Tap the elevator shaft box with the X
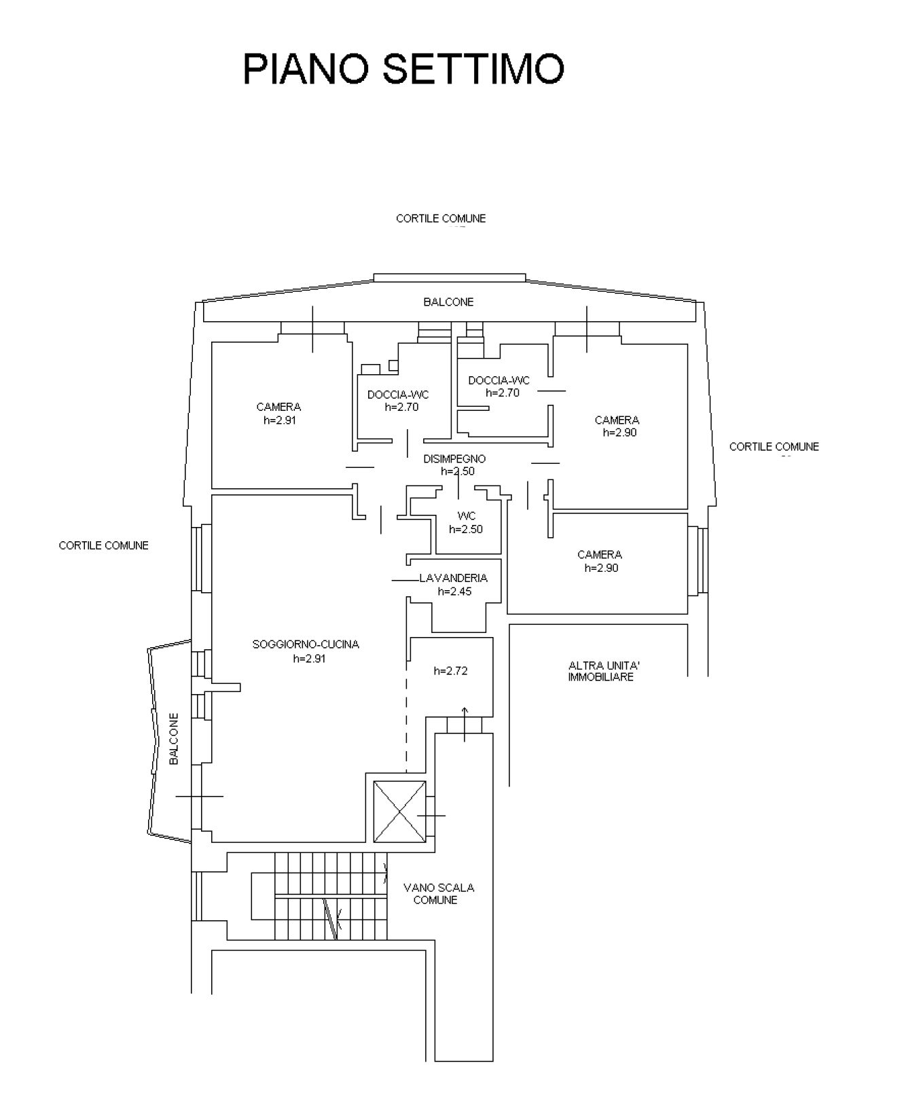(400, 811)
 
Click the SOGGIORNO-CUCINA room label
(306, 644)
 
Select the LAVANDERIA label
(453, 579)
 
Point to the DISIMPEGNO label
(454, 459)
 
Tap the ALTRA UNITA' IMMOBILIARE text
(601, 672)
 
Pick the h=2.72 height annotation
(450, 671)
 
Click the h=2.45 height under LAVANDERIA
(454, 591)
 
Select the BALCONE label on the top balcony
(448, 302)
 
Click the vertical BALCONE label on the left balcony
(174, 739)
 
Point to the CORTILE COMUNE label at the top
(441, 219)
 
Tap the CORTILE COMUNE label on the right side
(774, 447)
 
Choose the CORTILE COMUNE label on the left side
(103, 545)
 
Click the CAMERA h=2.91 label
(279, 414)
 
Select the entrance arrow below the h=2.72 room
(465, 724)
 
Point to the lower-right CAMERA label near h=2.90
(600, 555)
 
